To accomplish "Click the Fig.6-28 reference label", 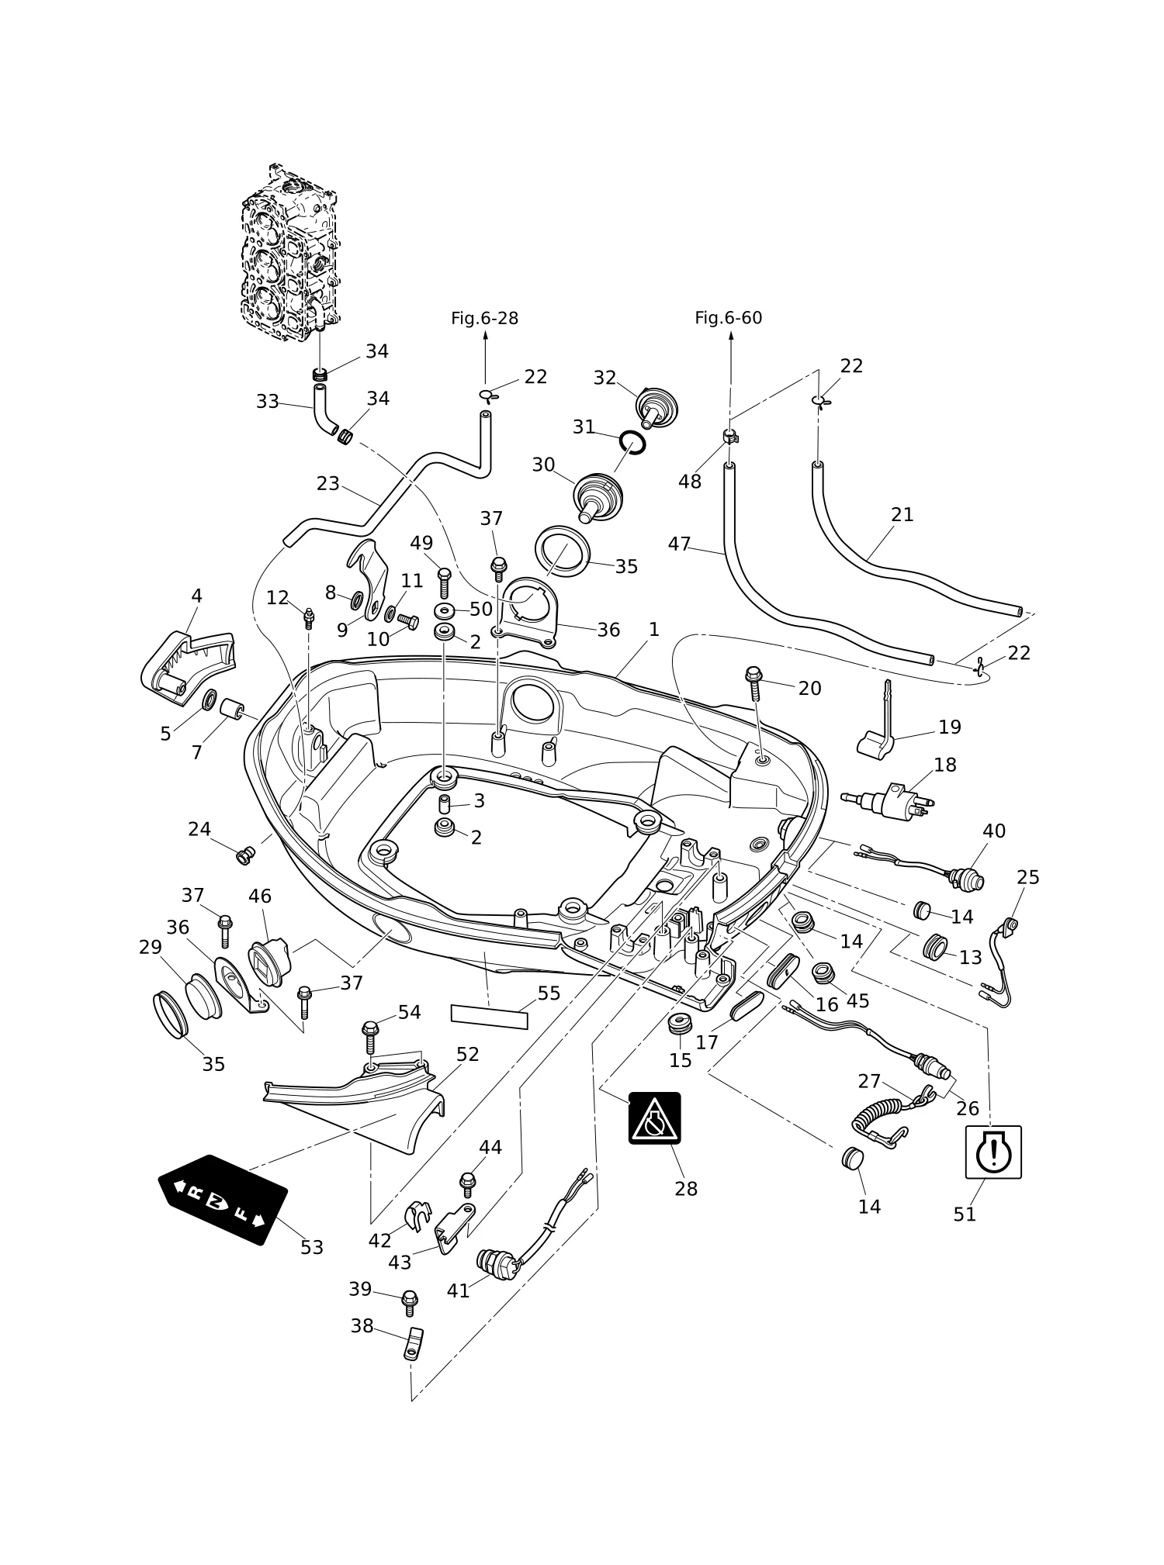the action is click(484, 318).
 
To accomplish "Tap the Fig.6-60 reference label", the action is click(728, 318).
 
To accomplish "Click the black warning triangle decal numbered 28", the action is click(654, 1118).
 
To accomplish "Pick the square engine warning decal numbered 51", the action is click(993, 1152).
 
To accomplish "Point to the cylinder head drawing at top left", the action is click(290, 255).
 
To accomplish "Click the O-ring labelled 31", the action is click(632, 443).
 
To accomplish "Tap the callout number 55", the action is click(549, 993).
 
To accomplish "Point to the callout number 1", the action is click(653, 630).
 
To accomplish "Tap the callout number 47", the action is click(679, 544).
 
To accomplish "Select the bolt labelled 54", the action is click(370, 1037).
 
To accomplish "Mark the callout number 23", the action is click(327, 484).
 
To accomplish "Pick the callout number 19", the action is click(950, 727).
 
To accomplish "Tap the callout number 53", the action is click(312, 1248).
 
